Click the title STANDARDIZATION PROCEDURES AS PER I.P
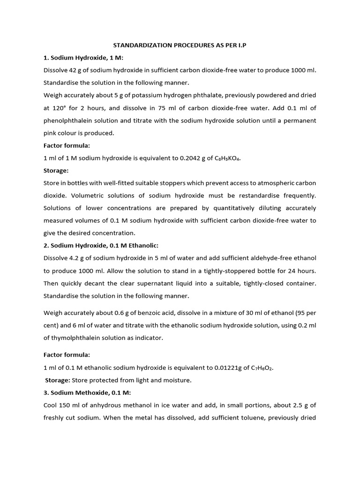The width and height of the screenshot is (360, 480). [x=180, y=46]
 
